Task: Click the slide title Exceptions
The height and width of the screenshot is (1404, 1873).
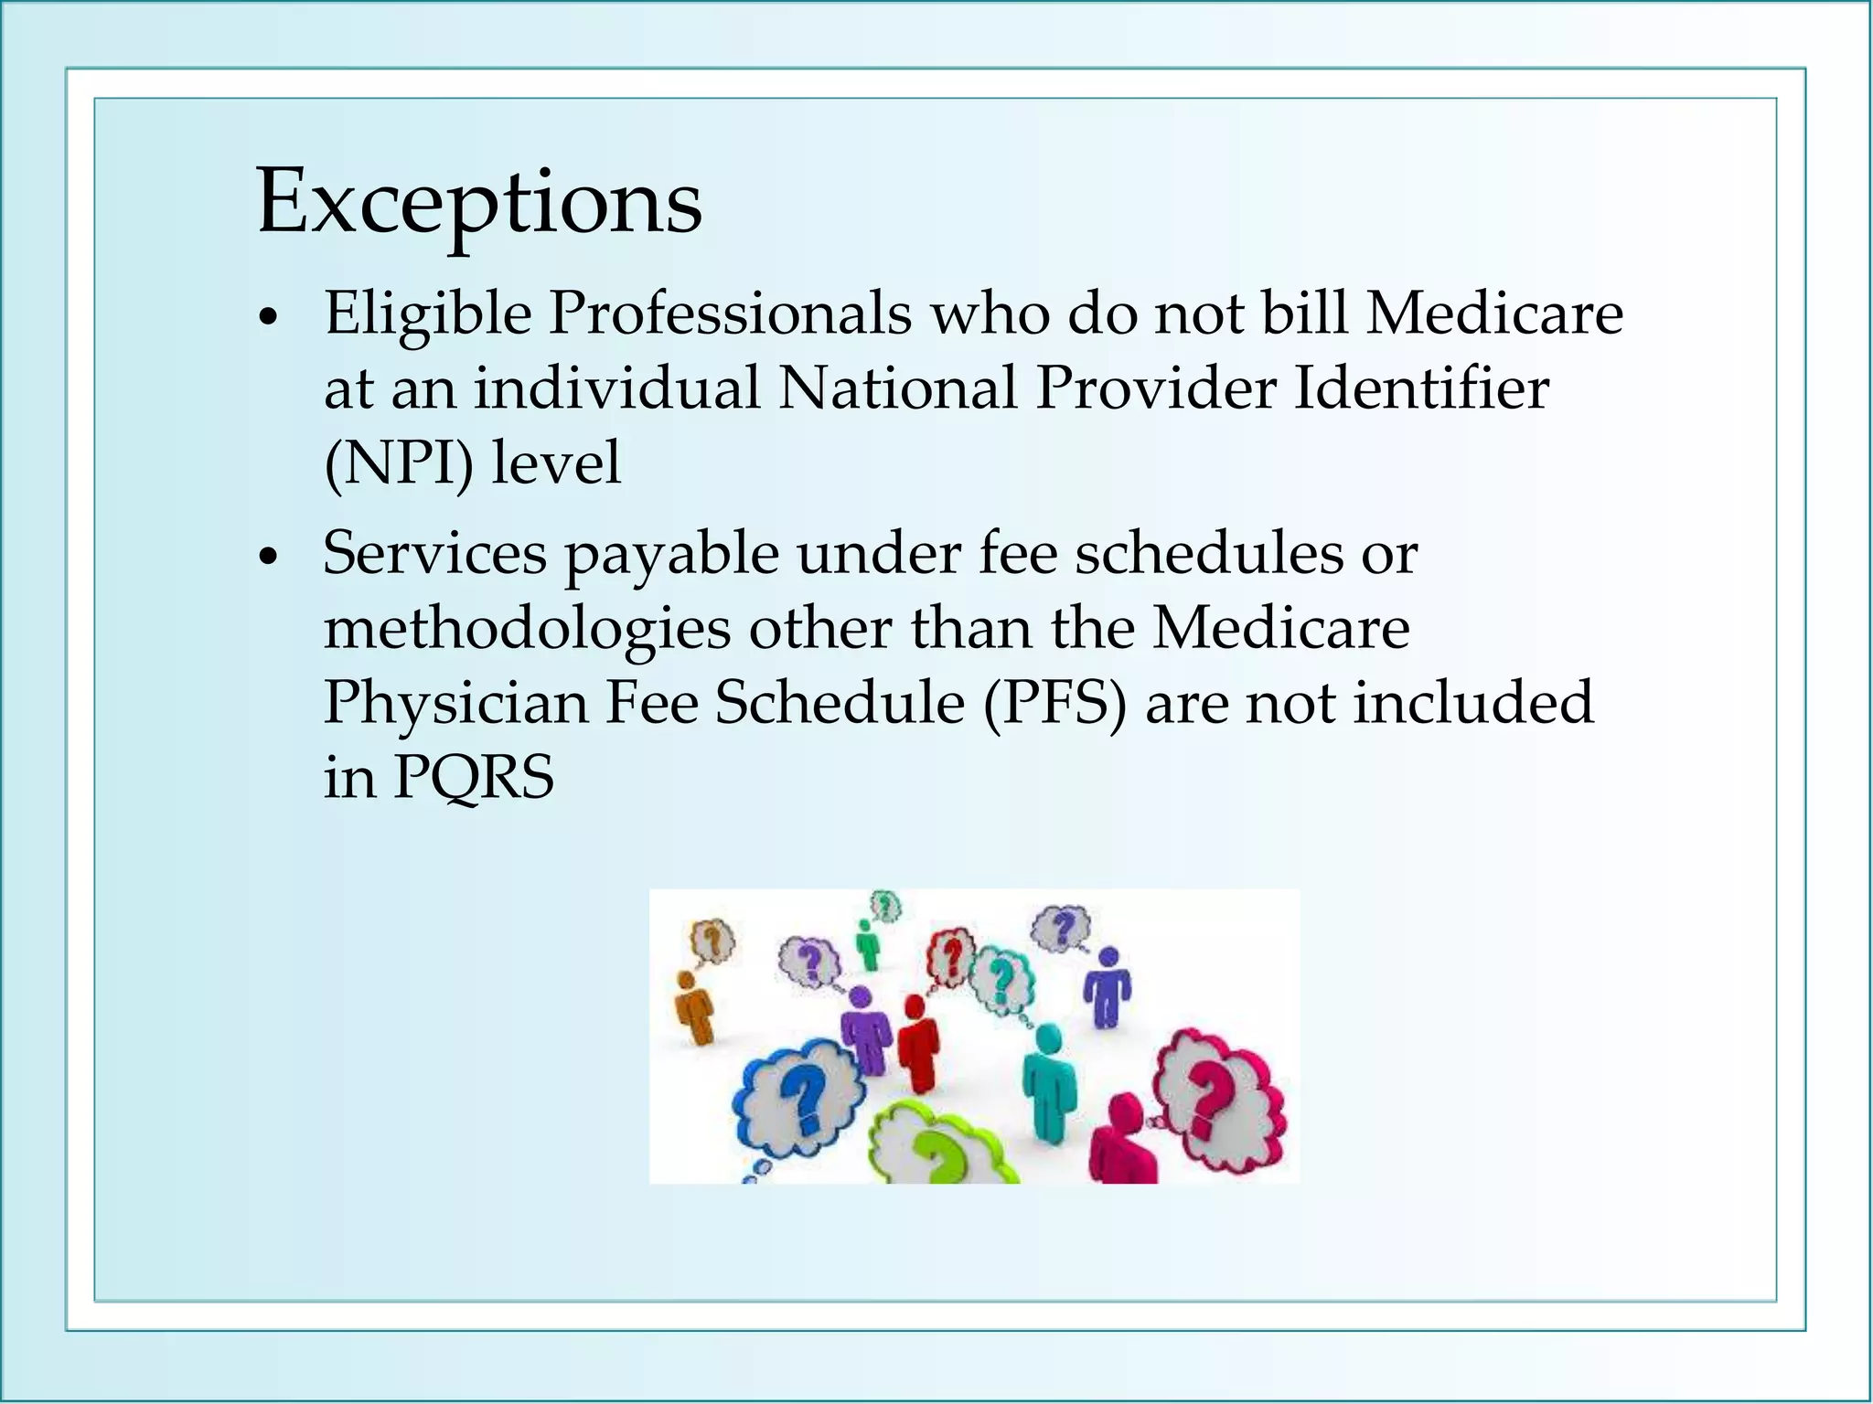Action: click(479, 203)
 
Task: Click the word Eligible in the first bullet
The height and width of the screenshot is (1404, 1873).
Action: click(428, 314)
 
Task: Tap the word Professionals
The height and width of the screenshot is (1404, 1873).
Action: click(730, 314)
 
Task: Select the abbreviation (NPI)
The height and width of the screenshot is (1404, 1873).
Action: click(399, 463)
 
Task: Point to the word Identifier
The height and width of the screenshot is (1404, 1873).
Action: click(1421, 388)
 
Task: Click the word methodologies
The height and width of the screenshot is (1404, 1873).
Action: click(527, 631)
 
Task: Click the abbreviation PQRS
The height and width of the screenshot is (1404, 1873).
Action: click(474, 778)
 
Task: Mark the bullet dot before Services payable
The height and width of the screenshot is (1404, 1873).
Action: click(267, 558)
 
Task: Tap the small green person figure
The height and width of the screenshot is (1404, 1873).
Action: click(867, 944)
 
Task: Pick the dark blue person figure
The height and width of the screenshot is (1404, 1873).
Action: click(1108, 987)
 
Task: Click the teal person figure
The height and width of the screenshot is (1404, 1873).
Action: click(1048, 1083)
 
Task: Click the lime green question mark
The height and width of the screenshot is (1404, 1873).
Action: click(936, 1155)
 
